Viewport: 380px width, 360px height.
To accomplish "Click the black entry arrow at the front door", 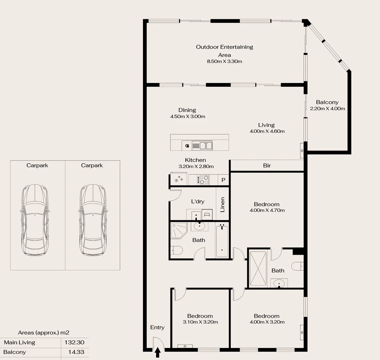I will [158, 351].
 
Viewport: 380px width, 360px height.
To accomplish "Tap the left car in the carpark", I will [35, 220].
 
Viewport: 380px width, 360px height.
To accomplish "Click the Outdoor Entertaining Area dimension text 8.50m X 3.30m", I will [224, 61].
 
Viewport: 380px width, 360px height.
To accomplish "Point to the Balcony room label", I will [327, 102].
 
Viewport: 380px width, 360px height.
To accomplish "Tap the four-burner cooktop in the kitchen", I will [203, 180].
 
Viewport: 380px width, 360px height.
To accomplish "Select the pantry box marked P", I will [223, 180].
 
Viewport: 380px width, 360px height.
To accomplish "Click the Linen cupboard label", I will [222, 204].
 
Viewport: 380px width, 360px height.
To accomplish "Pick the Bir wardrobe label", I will [267, 165].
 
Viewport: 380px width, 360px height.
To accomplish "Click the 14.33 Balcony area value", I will [76, 352].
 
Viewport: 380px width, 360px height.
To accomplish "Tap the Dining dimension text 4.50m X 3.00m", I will [187, 116].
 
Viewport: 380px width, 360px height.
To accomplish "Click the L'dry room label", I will [198, 201].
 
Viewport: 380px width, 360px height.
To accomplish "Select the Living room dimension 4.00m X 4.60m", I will [267, 131].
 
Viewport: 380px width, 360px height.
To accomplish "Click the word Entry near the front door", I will [157, 327].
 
